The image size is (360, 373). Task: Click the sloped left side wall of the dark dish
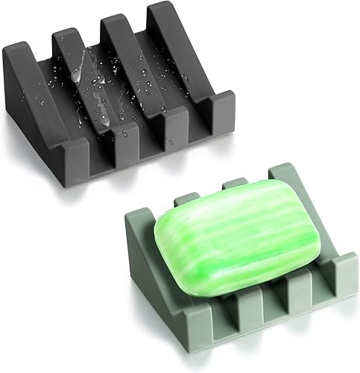37,112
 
